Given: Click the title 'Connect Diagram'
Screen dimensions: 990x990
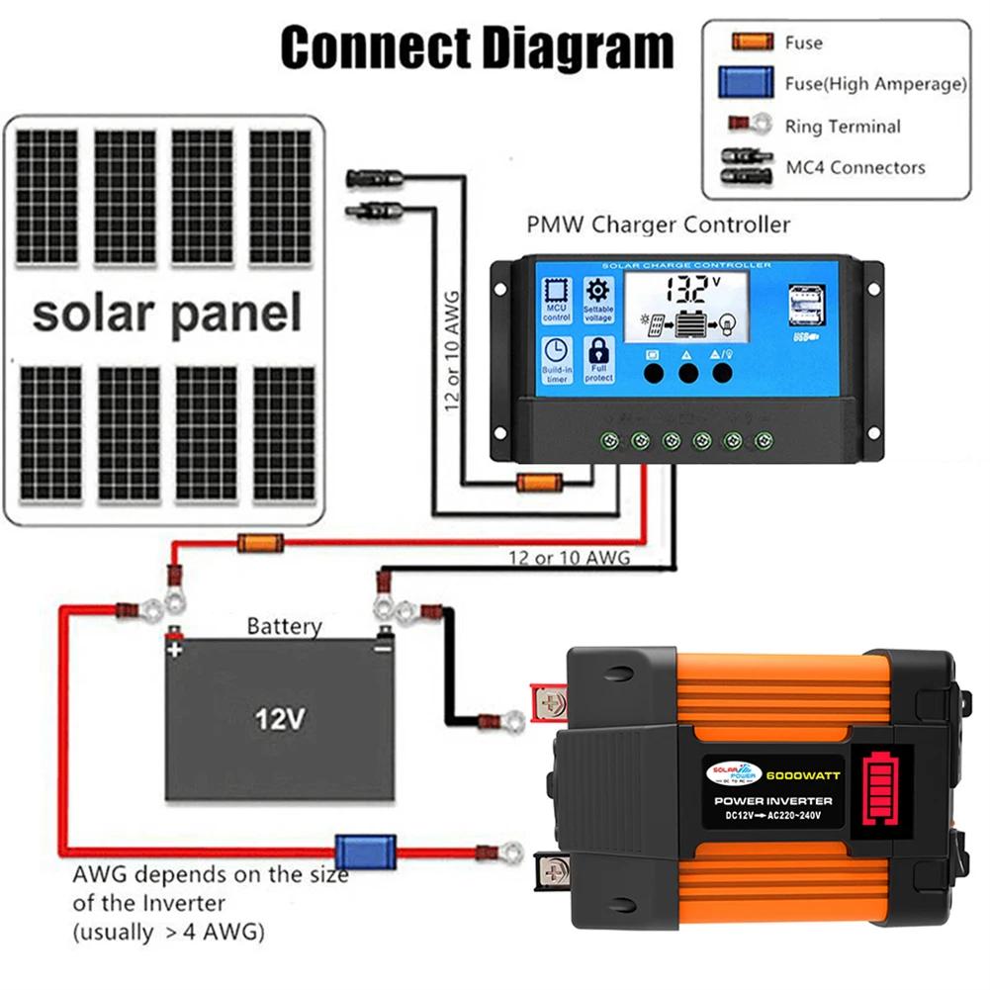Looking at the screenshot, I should click(x=477, y=46).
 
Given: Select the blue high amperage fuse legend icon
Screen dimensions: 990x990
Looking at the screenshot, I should click(x=746, y=82).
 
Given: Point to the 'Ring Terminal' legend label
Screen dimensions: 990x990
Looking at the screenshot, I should click(x=843, y=127).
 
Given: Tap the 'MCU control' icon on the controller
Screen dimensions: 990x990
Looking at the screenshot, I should click(x=557, y=299).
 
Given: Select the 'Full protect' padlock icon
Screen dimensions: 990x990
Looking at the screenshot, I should click(x=599, y=359).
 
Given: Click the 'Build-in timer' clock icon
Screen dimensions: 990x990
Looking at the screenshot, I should click(x=557, y=359).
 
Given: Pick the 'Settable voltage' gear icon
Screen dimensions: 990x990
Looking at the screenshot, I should click(x=599, y=299).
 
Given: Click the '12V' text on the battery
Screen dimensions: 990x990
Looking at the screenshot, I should click(x=278, y=718).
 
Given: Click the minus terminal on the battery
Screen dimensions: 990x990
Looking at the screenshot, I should click(x=381, y=644).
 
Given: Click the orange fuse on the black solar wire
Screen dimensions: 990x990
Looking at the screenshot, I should click(x=540, y=484).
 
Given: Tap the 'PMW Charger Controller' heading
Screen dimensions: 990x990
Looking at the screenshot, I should click(x=658, y=225).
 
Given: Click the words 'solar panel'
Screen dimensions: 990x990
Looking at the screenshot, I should click(x=166, y=315).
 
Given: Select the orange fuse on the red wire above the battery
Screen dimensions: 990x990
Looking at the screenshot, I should click(x=259, y=542).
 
